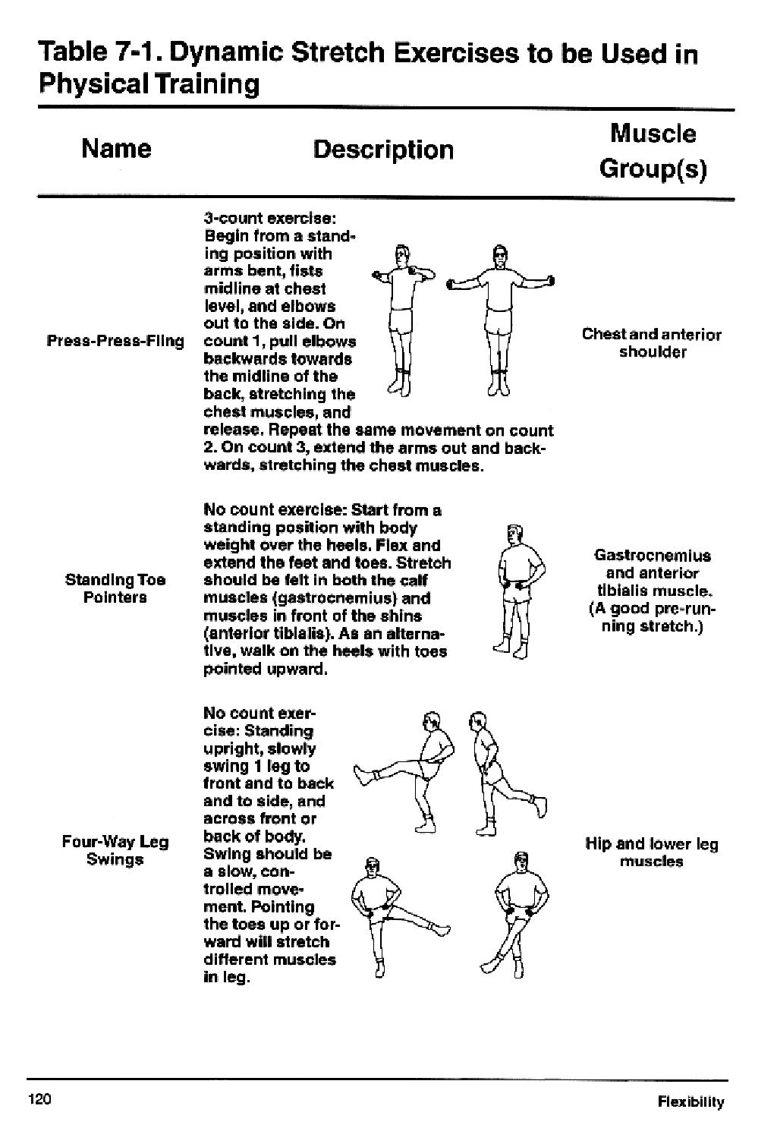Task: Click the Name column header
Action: [116, 148]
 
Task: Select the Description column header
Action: [383, 150]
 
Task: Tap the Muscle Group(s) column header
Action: [653, 150]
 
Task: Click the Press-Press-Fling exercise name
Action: [115, 341]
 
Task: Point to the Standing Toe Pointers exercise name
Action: [115, 588]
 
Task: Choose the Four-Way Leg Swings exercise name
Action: [115, 850]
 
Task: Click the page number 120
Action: [39, 1099]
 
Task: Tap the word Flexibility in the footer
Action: [690, 1102]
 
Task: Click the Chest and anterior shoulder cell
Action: [652, 343]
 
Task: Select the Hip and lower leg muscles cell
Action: [652, 852]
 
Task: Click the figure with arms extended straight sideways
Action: [499, 319]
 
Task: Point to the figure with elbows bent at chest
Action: [401, 319]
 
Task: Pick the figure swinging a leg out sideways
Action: [387, 915]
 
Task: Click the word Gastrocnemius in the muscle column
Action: [652, 555]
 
